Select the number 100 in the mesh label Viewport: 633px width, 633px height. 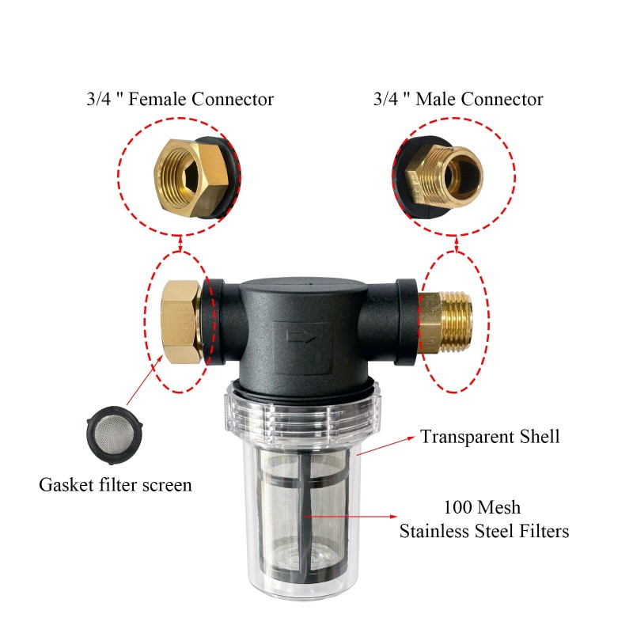457,508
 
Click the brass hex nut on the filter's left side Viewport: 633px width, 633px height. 181,322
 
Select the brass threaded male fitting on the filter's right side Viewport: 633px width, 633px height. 445,322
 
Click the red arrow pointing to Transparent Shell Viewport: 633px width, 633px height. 385,445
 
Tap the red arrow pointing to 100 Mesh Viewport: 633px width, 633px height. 351,517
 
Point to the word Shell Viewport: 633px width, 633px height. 540,437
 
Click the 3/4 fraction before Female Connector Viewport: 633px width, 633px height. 98,100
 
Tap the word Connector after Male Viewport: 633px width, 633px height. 502,100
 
